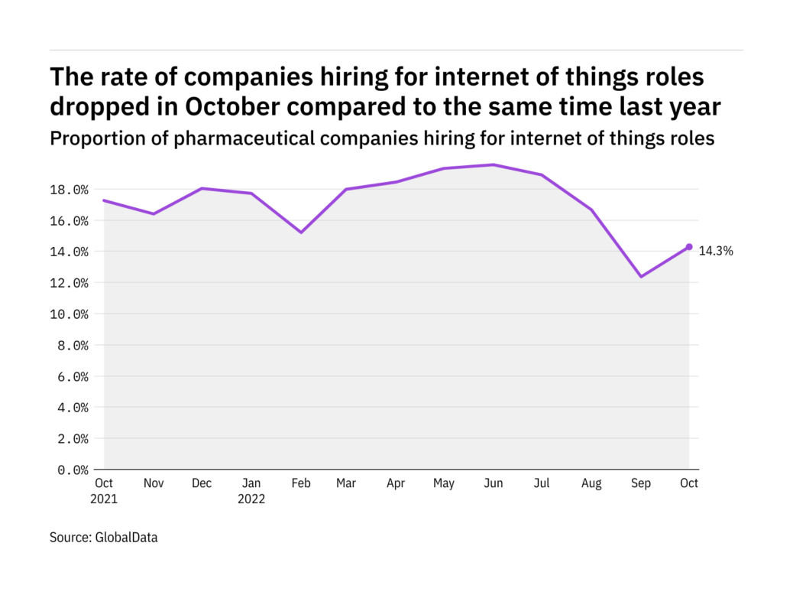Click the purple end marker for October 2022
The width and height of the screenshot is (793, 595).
click(689, 247)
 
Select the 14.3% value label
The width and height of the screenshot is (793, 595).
click(716, 251)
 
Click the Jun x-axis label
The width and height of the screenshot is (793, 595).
click(494, 483)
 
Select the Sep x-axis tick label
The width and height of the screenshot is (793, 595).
click(640, 483)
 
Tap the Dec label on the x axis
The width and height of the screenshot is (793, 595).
click(202, 483)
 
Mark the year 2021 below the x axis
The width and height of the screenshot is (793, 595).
click(105, 499)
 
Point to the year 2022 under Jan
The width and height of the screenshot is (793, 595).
click(251, 499)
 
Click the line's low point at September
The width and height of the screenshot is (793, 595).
click(640, 276)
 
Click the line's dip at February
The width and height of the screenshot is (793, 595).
click(299, 232)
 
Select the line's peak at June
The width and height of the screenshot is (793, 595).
click(494, 164)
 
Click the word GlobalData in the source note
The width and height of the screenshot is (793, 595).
click(127, 538)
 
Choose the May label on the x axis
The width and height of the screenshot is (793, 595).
click(445, 483)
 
